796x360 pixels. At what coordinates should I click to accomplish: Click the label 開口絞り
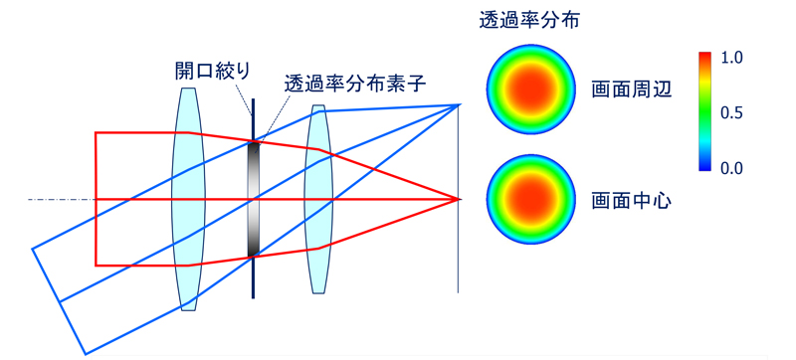point(212,70)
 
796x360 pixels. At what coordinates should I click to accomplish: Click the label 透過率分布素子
point(355,84)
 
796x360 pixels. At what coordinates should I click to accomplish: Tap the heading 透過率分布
point(527,19)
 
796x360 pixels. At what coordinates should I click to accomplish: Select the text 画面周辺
point(632,90)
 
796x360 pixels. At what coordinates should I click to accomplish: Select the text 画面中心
point(632,200)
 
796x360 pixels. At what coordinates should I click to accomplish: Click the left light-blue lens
point(187,199)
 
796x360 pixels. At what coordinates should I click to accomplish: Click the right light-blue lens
point(317,199)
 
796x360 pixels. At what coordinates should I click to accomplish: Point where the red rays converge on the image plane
point(459,199)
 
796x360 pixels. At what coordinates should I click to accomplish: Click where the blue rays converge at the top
point(459,104)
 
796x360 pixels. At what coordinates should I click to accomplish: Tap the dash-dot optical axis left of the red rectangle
point(60,200)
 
